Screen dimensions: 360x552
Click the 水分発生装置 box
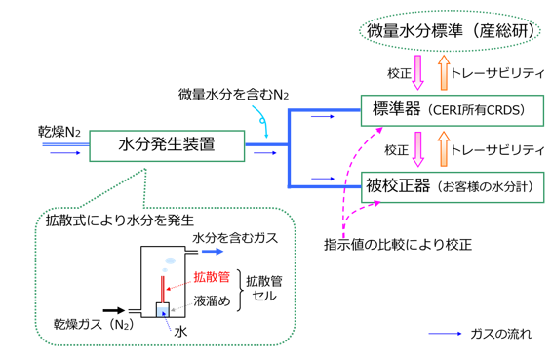coord(166,147)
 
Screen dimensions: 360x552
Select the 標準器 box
coord(448,110)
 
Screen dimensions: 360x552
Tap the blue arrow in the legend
coord(451,335)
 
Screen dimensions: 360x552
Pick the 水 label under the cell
coord(179,331)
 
